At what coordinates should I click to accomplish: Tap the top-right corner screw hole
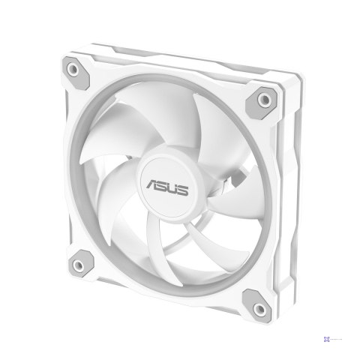click(x=265, y=100)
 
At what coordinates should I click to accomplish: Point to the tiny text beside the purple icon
click(x=341, y=337)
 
